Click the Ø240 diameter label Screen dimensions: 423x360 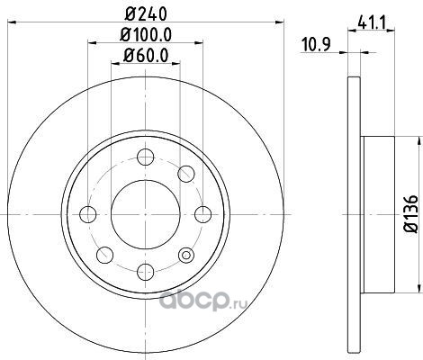[x=146, y=13]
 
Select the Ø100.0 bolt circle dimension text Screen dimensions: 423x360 [x=146, y=34]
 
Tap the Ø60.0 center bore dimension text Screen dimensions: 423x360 [x=146, y=55]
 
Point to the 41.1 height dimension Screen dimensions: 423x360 [x=371, y=22]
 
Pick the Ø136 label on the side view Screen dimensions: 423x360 [x=411, y=213]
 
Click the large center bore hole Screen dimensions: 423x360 [x=146, y=214]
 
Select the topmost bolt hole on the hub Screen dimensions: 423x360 [x=146, y=157]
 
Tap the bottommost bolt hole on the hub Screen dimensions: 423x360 [x=146, y=272]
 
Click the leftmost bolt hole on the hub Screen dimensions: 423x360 [x=88, y=214]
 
